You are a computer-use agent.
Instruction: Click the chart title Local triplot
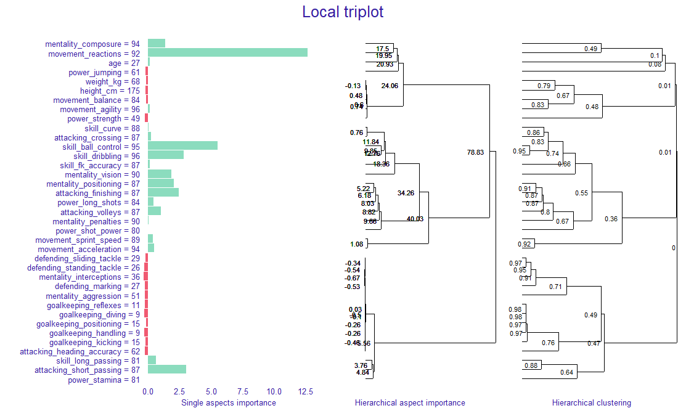(343, 12)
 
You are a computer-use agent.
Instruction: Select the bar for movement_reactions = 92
(227, 53)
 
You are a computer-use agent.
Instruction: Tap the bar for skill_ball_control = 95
(182, 146)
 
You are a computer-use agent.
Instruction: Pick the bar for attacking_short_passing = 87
(167, 370)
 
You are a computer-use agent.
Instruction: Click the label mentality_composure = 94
(92, 44)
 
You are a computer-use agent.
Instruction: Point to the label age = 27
(125, 63)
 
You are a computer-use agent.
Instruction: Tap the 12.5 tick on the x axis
(306, 391)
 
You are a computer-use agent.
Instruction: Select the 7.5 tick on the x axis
(242, 391)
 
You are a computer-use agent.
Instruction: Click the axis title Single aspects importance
(229, 403)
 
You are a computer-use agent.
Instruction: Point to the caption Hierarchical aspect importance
(410, 403)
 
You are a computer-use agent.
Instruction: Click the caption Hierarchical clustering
(592, 403)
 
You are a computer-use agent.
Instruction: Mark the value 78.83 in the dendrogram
(475, 152)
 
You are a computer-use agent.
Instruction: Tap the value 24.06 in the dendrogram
(390, 86)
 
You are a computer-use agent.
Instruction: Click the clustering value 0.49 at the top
(592, 49)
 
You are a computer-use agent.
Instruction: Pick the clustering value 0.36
(611, 219)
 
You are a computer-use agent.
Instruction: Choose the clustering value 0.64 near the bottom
(567, 372)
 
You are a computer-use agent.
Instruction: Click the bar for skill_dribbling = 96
(166, 155)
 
